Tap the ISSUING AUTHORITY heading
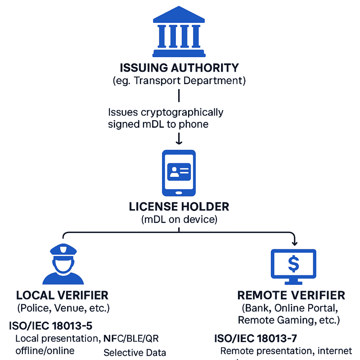point(179,68)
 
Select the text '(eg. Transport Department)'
point(179,81)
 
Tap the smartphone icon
point(179,173)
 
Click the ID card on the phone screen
point(179,171)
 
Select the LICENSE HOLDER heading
point(179,207)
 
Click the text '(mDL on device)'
point(179,220)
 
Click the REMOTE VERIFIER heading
point(291,296)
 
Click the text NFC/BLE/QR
point(131,338)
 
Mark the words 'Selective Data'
point(135,353)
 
